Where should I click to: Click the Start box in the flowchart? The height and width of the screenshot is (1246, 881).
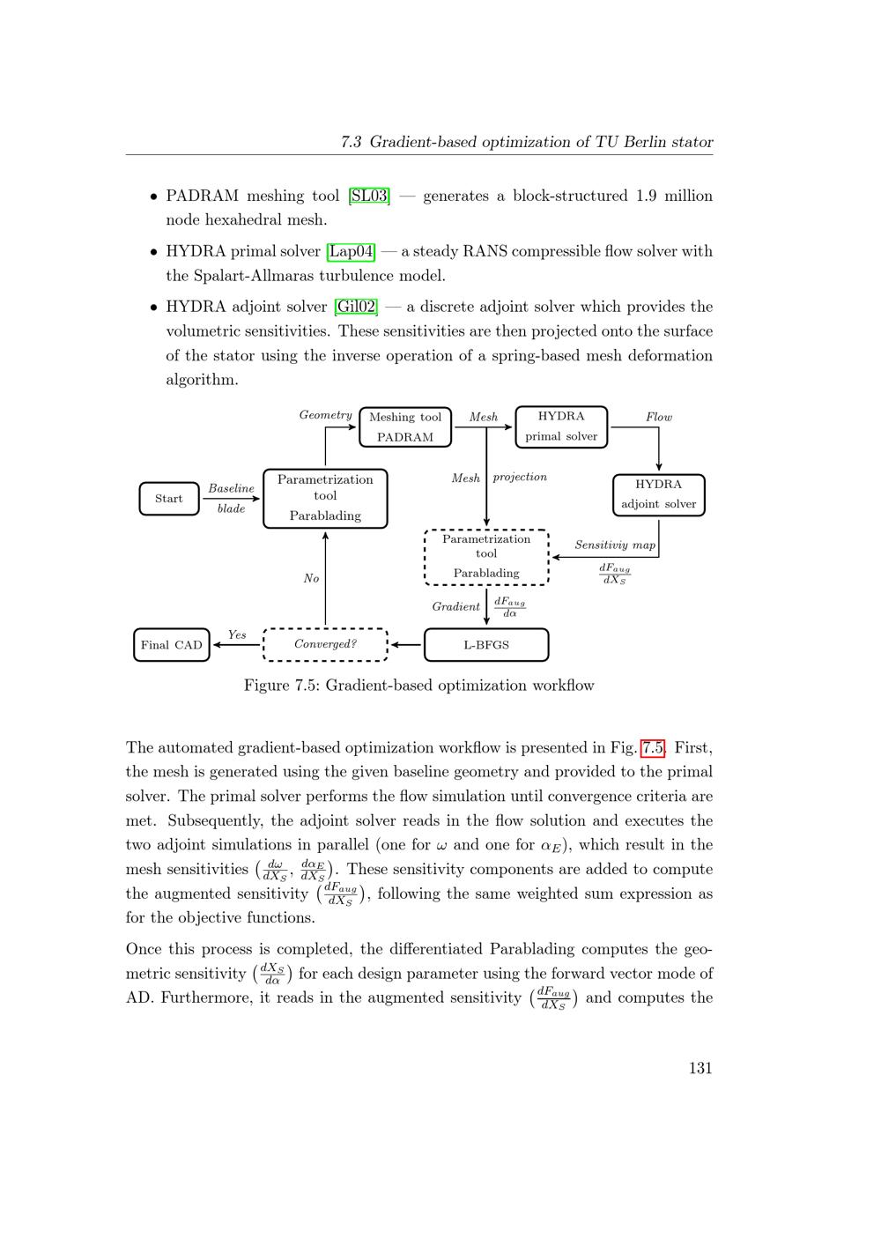click(169, 499)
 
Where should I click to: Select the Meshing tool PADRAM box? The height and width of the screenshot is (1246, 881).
click(405, 427)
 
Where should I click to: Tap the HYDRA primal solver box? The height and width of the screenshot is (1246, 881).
click(561, 426)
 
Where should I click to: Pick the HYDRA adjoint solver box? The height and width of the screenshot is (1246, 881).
click(658, 494)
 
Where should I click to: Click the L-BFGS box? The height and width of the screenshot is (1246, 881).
click(486, 645)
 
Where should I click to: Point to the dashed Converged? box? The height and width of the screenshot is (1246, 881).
click(325, 644)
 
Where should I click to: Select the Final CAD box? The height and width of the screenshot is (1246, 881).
click(172, 645)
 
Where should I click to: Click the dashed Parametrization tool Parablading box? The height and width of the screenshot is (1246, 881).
click(486, 557)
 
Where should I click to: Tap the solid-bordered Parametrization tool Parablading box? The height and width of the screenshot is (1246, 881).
click(325, 498)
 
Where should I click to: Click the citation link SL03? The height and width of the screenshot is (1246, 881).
click(369, 196)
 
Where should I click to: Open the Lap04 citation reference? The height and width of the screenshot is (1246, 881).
click(351, 251)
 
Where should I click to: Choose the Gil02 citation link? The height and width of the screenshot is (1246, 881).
click(356, 307)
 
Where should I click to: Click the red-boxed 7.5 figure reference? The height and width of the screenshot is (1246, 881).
click(653, 748)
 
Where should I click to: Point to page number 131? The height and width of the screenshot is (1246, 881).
click(700, 1068)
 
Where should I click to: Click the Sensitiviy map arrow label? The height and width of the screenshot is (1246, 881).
click(615, 545)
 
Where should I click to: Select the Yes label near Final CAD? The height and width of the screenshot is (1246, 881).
click(237, 634)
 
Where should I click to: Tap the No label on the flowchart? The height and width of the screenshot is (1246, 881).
click(311, 578)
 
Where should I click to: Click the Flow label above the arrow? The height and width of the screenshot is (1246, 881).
click(659, 417)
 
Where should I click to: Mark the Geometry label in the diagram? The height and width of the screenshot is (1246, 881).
click(325, 415)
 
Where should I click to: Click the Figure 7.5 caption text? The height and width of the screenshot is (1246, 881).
click(419, 686)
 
